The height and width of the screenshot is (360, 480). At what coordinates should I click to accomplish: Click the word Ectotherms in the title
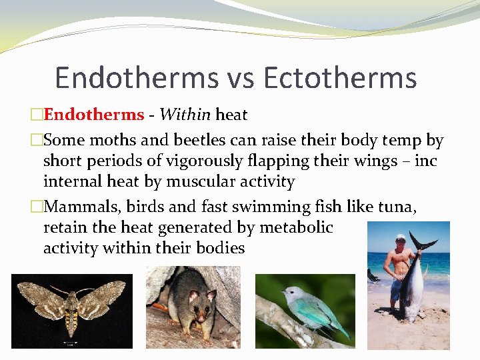click(340, 78)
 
